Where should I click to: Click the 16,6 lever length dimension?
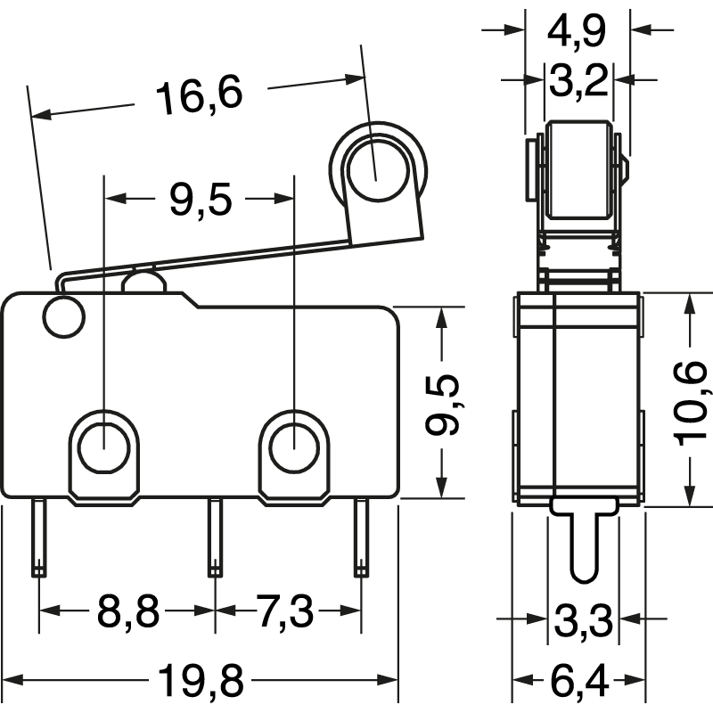click(199, 96)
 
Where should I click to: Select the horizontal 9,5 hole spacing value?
click(200, 201)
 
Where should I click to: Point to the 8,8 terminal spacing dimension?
click(127, 611)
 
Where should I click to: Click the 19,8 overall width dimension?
click(201, 682)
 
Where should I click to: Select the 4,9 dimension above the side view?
click(577, 30)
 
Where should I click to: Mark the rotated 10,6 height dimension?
click(693, 403)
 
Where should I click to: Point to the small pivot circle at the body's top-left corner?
click(62, 318)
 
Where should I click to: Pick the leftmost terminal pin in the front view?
click(38, 538)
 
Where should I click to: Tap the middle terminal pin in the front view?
click(214, 538)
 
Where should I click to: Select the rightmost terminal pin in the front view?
click(361, 538)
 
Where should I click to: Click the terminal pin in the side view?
click(582, 544)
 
